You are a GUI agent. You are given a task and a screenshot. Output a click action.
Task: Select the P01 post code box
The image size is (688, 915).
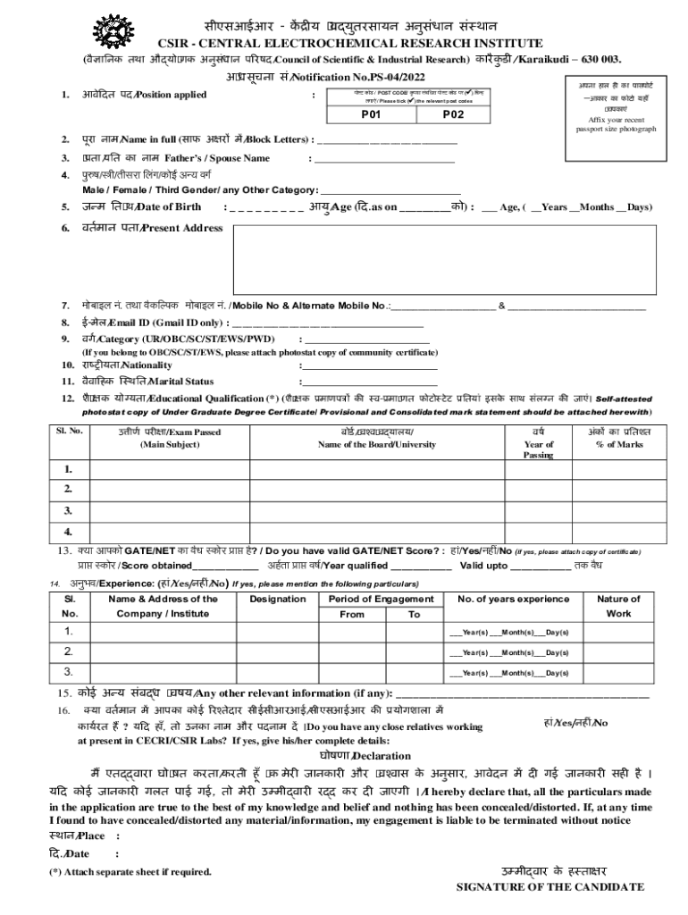[x=371, y=115]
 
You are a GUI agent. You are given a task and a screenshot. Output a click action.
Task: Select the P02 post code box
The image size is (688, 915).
[x=454, y=115]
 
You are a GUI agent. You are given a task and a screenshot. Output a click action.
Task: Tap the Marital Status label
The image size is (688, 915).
[x=143, y=381]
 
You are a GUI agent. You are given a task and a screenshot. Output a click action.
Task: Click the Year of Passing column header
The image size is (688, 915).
[x=539, y=443]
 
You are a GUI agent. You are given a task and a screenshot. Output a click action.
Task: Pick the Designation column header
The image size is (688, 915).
[x=277, y=599]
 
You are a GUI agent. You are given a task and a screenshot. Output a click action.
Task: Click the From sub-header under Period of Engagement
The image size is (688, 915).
[x=352, y=615]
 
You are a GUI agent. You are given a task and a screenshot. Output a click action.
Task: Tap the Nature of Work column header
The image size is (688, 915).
[x=618, y=606]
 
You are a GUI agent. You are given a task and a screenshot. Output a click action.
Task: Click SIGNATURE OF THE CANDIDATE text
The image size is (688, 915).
[x=550, y=887]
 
